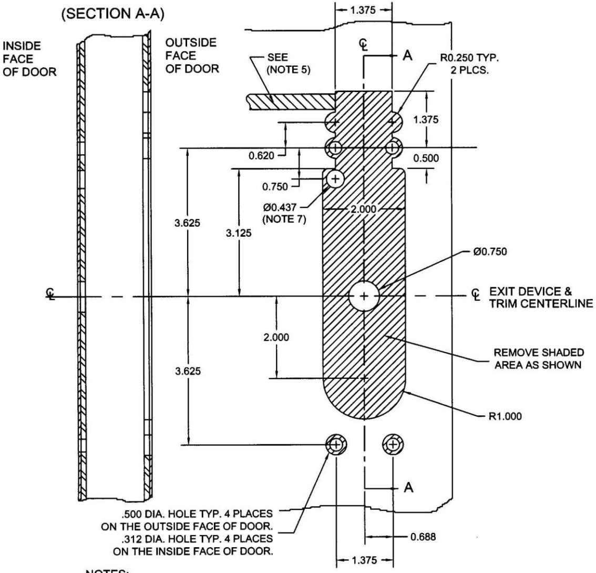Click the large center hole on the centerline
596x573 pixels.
click(364, 296)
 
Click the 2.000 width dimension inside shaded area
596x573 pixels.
click(364, 209)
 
